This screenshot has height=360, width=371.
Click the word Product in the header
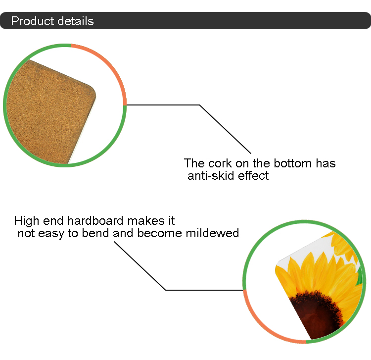33,21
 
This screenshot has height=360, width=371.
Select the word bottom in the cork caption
293,163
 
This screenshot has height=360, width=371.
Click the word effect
253,176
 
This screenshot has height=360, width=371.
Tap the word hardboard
95,221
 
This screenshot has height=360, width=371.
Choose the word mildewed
212,233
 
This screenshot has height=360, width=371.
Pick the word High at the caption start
27,221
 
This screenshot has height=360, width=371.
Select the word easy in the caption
51,234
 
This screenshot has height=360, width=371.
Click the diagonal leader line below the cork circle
225,129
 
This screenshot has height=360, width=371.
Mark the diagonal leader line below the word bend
140,266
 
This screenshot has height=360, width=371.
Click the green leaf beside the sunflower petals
360,276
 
